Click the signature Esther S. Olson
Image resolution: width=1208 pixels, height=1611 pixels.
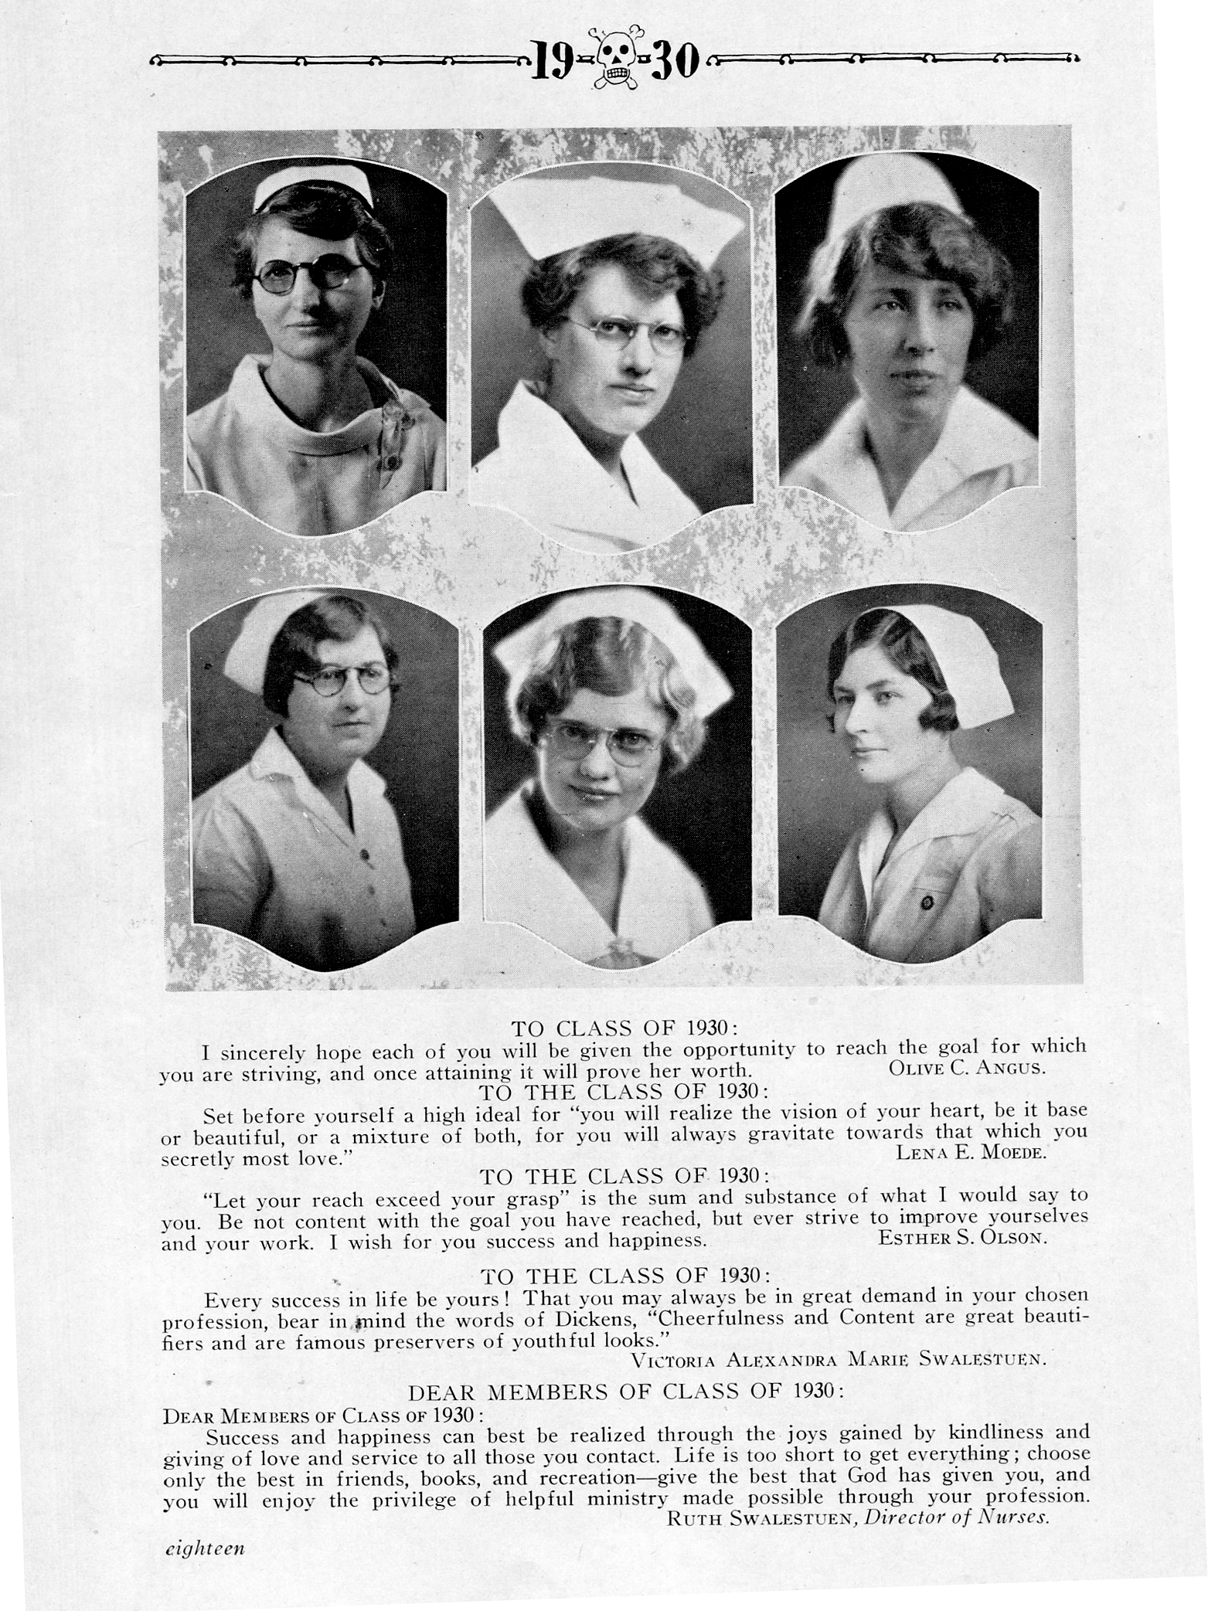pos(963,1238)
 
